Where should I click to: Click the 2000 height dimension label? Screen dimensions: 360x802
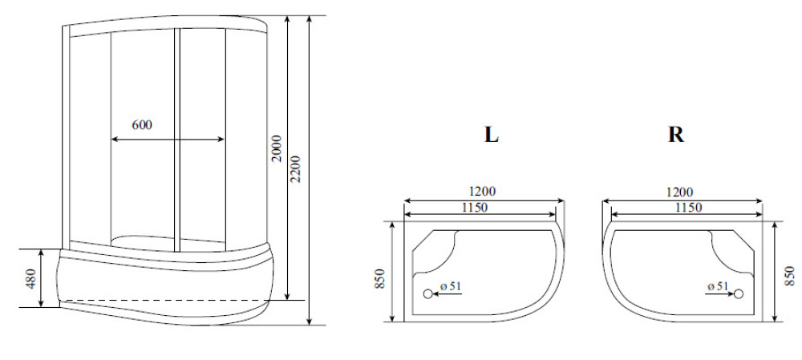(277, 148)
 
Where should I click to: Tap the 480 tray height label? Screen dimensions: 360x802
(32, 277)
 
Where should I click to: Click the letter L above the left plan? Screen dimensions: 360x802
(491, 135)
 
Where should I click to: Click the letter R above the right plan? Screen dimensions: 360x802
(676, 135)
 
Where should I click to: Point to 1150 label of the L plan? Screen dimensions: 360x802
(479, 208)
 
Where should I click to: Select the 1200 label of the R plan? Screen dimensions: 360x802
(679, 192)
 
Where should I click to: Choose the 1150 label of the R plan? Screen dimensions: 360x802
(687, 208)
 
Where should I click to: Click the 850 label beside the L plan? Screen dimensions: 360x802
(381, 277)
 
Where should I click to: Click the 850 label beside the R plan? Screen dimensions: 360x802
(792, 275)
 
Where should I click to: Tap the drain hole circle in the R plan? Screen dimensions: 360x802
(739, 293)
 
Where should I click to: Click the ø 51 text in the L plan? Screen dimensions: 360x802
(450, 285)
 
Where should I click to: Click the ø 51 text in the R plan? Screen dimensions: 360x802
(717, 285)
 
